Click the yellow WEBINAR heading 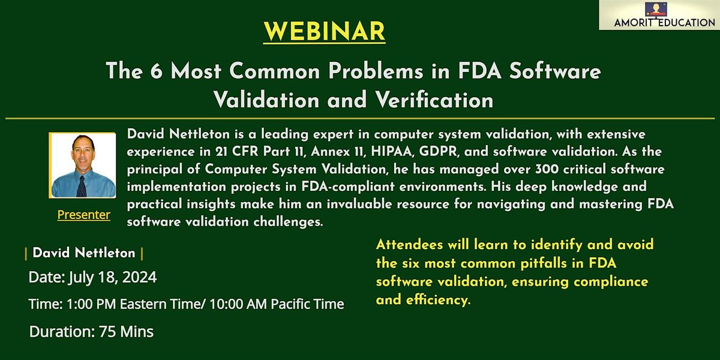click(x=324, y=31)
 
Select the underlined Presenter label click(x=83, y=215)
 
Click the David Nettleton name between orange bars click(x=84, y=253)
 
